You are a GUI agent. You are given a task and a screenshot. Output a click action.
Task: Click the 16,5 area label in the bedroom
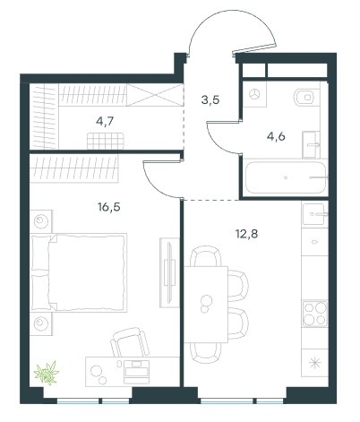pyautogui.click(x=109, y=207)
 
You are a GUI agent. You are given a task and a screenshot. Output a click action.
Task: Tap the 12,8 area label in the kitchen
pyautogui.click(x=246, y=234)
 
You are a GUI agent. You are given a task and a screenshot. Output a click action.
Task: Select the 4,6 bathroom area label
pyautogui.click(x=276, y=136)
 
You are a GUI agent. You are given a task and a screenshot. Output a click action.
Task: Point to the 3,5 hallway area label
pyautogui.click(x=210, y=99)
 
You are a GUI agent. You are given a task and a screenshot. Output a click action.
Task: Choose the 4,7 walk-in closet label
pyautogui.click(x=105, y=121)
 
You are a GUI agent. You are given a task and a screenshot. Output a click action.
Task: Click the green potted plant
pyautogui.click(x=47, y=373)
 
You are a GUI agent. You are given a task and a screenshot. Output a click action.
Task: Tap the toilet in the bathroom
pyautogui.click(x=304, y=97)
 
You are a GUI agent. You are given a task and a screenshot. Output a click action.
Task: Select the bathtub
pyautogui.click(x=286, y=177)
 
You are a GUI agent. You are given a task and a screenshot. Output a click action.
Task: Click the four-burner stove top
pyautogui.click(x=315, y=314)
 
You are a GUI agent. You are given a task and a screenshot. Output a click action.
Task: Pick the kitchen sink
pyautogui.click(x=313, y=214)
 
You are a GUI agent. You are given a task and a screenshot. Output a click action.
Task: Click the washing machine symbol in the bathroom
pyautogui.click(x=254, y=94)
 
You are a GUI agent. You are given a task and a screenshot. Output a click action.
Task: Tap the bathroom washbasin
pyautogui.click(x=311, y=144)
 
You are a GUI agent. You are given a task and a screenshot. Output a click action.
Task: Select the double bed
pyautogui.click(x=79, y=272)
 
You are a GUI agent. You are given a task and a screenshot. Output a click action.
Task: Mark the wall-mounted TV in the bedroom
pyautogui.click(x=169, y=272)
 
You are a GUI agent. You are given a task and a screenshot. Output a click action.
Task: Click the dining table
pyautogui.click(x=206, y=305)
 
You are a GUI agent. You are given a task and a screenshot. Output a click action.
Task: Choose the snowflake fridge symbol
pyautogui.click(x=315, y=363)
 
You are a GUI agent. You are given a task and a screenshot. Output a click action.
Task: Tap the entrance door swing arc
pyautogui.click(x=231, y=30)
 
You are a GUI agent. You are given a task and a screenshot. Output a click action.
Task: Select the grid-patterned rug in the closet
pyautogui.click(x=106, y=141)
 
